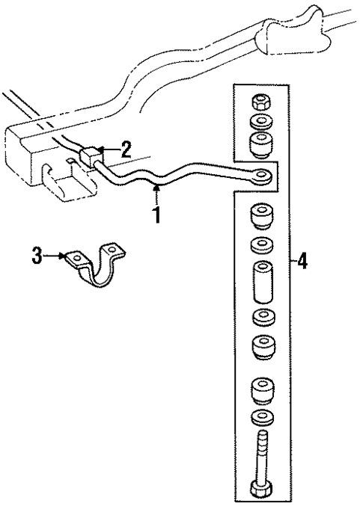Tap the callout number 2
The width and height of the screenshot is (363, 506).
[x=126, y=146]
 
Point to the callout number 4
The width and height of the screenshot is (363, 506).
[x=302, y=262]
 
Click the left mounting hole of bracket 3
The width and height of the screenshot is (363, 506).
[x=73, y=259]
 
